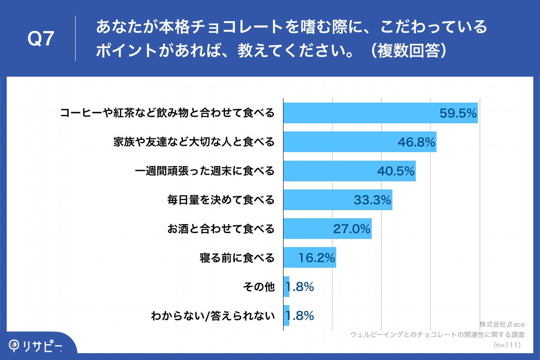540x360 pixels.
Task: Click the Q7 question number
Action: (41, 40)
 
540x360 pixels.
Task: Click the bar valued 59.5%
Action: (360, 113)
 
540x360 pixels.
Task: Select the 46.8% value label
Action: (416, 143)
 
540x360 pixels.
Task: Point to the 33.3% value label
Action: (372, 200)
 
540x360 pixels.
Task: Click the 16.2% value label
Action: (317, 258)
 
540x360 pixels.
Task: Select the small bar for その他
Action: (286, 287)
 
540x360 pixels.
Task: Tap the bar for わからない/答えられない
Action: (286, 315)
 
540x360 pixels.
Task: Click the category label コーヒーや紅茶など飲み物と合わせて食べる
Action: (167, 113)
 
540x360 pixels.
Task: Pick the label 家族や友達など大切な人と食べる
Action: (193, 143)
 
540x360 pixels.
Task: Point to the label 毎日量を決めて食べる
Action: (220, 200)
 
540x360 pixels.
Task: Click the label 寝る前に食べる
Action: (237, 258)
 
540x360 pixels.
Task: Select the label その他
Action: (259, 287)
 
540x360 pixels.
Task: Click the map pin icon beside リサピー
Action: (14, 345)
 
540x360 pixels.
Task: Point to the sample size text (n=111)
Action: (507, 345)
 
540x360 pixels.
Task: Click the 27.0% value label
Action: (351, 229)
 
